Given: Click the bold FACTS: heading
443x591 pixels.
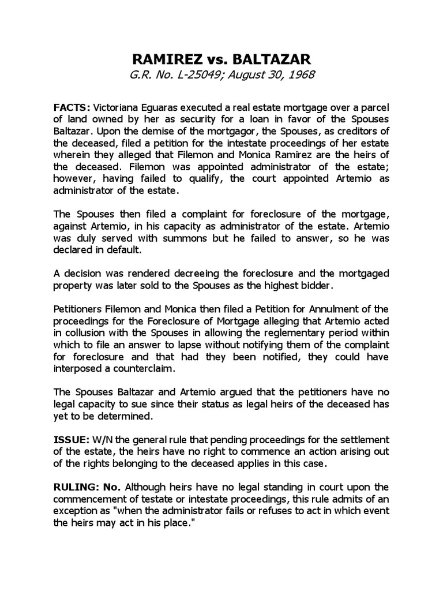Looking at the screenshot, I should [72, 107].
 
